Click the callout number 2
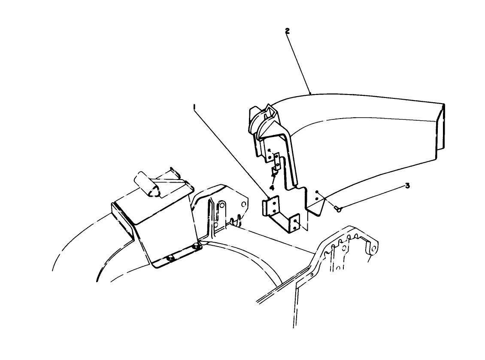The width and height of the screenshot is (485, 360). tap(287, 31)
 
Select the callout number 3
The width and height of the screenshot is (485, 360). tap(407, 186)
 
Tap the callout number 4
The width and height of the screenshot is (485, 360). tap(272, 187)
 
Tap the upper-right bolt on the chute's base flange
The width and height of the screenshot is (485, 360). tap(196, 246)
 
